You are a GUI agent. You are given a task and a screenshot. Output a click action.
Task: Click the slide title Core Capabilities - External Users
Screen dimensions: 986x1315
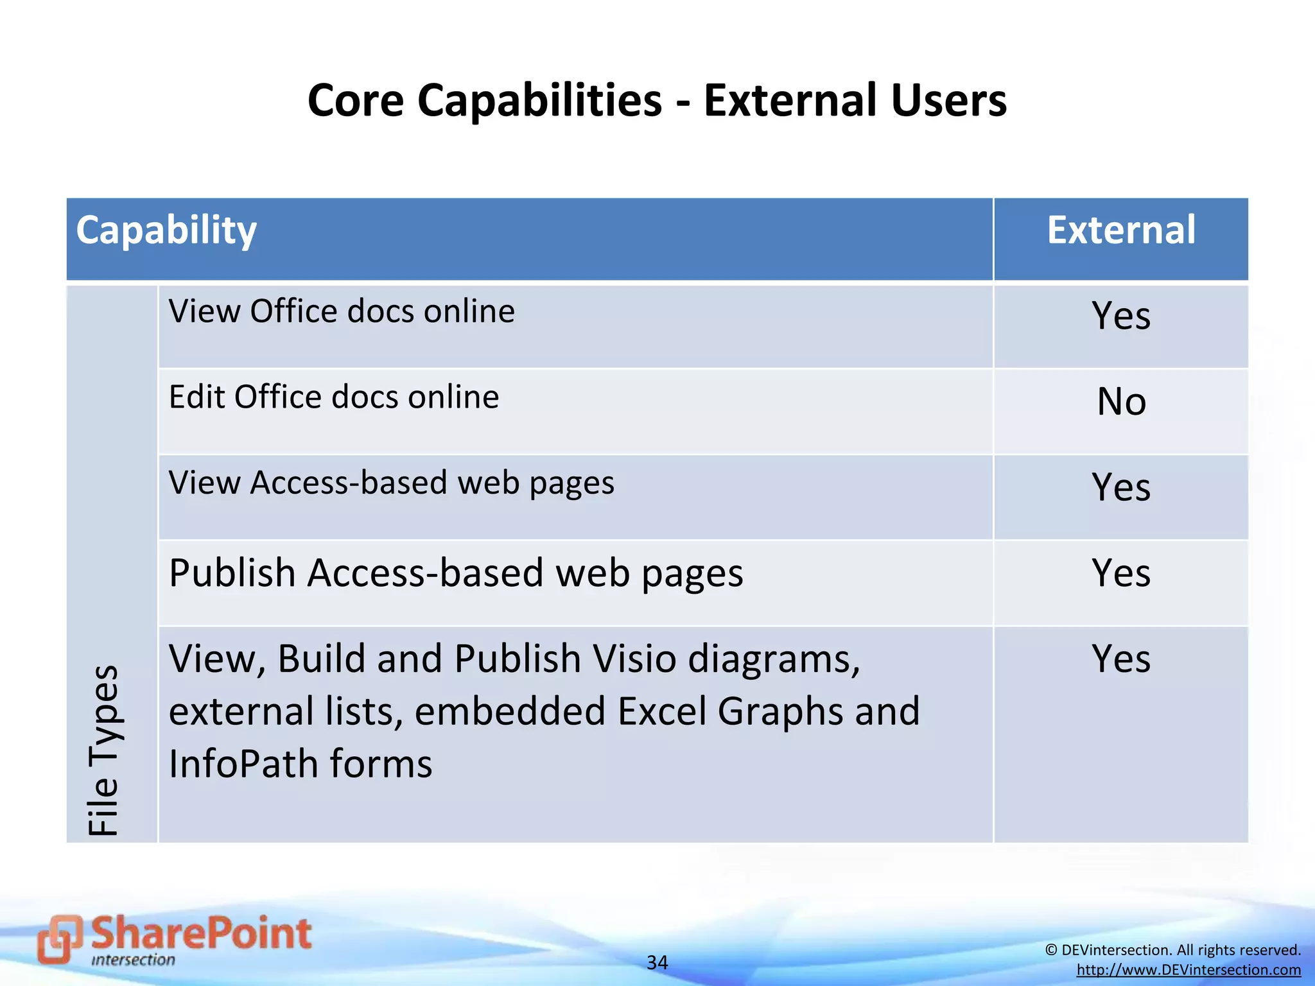tap(657, 101)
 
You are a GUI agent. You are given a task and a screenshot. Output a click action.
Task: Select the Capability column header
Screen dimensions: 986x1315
tap(166, 230)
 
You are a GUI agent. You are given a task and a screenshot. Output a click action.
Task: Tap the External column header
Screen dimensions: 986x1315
tap(1120, 230)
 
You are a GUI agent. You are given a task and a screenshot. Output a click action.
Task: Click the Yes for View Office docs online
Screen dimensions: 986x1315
tap(1120, 316)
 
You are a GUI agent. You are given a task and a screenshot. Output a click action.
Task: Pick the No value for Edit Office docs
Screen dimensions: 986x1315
tap(1121, 402)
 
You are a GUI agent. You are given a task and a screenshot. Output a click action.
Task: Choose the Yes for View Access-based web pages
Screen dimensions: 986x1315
tap(1120, 487)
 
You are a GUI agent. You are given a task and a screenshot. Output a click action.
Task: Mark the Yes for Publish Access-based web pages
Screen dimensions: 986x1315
tap(1120, 573)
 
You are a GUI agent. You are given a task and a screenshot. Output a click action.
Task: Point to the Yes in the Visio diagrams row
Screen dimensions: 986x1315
tap(1120, 659)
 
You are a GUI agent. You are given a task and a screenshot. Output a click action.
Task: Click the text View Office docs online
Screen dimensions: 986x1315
tap(342, 312)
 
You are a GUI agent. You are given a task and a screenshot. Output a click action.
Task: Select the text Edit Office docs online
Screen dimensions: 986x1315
tap(334, 397)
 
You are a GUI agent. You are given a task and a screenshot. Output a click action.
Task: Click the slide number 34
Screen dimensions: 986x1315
tap(657, 962)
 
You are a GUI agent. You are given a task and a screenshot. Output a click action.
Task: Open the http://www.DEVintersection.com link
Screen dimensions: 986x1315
tap(1189, 970)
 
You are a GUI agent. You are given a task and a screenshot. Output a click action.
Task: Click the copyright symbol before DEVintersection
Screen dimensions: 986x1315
tap(1051, 950)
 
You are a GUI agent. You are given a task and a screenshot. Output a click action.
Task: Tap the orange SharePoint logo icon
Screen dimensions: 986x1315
tap(60, 938)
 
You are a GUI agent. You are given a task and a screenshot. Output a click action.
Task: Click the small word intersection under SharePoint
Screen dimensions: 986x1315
tap(133, 960)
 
